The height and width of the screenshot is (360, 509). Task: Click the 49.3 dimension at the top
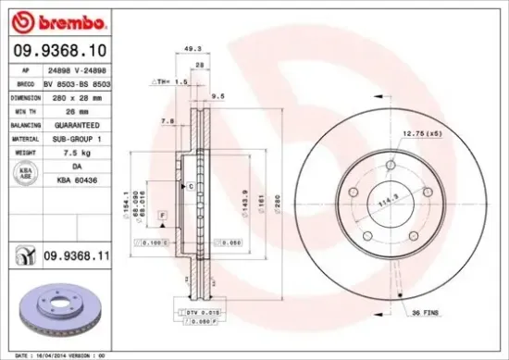tap(193, 48)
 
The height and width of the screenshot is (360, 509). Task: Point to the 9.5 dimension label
tap(219, 95)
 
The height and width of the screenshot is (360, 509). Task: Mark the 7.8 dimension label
tap(168, 120)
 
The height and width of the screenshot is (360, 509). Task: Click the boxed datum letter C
tap(190, 187)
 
